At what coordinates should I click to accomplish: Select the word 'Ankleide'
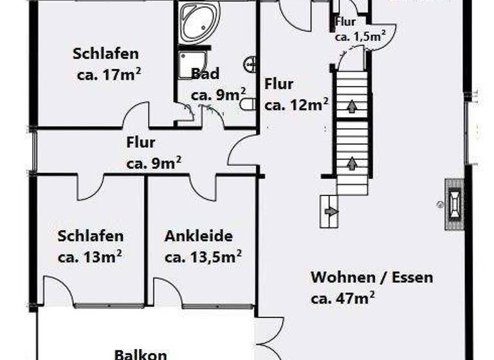pos(198,236)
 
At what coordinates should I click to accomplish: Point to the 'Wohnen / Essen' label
pos(372,278)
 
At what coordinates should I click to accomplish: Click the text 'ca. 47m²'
pos(343,298)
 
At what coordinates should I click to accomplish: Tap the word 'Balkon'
pos(141,354)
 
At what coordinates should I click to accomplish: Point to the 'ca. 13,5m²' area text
pos(203,256)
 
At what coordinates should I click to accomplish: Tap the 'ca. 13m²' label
pos(90,256)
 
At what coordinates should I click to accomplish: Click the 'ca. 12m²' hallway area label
pos(297,103)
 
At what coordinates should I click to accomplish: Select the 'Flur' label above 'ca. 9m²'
pos(141,143)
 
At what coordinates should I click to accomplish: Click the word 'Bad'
pos(205,73)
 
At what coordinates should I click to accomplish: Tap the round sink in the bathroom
pos(252,64)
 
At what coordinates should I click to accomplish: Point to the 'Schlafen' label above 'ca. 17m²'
pos(105,53)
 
